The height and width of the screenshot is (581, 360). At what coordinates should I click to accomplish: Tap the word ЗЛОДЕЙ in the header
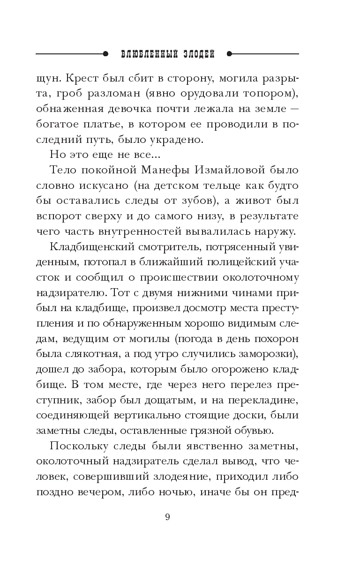click(196, 54)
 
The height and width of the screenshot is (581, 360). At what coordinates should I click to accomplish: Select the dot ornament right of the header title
click(229, 54)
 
